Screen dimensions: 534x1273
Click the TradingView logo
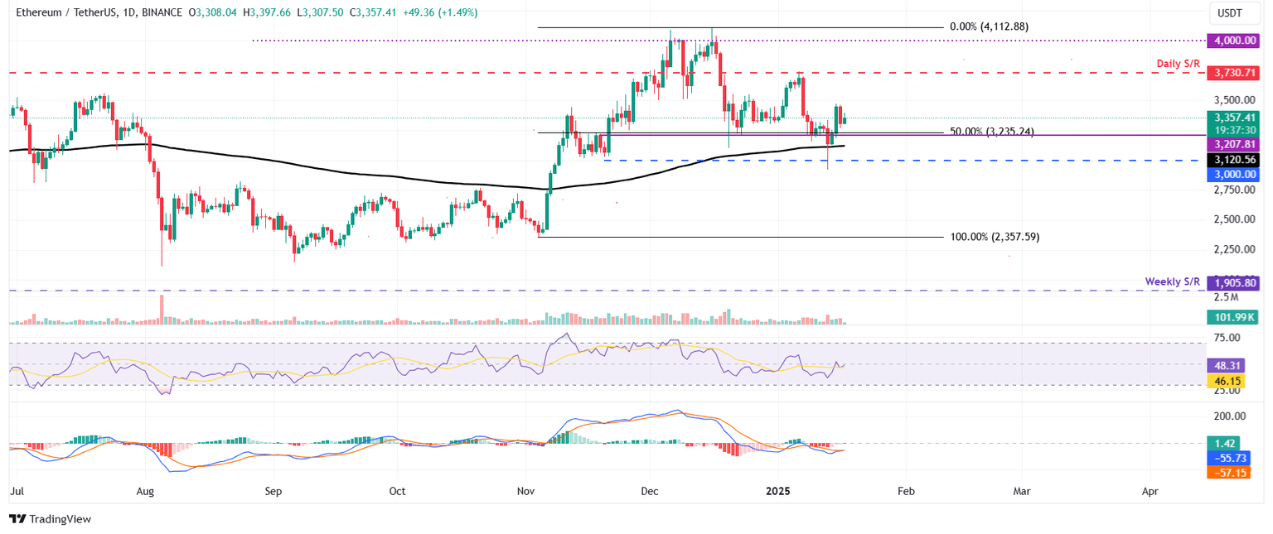click(x=50, y=519)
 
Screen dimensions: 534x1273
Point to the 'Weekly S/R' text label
click(x=1172, y=281)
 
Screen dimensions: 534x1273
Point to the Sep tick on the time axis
click(x=273, y=491)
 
